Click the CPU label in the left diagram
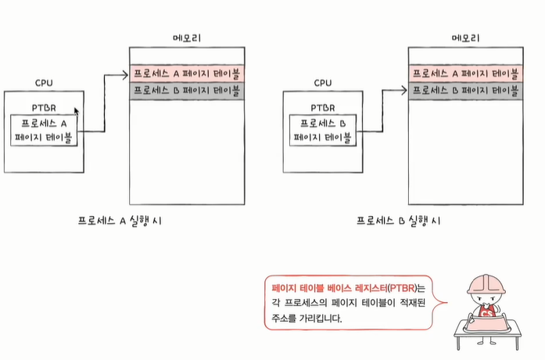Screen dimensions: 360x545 point(44,82)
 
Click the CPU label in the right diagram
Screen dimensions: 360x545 point(323,82)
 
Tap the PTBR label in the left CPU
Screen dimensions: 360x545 point(44,107)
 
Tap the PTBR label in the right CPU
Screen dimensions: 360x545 point(323,107)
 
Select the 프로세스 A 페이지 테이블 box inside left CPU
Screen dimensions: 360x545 point(44,131)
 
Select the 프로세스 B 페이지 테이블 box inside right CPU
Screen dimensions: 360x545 point(323,131)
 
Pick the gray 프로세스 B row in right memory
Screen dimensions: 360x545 point(465,91)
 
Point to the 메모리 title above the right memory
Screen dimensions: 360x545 point(465,38)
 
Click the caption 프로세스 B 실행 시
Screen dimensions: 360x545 point(398,221)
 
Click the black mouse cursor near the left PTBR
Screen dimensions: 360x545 point(77,112)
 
